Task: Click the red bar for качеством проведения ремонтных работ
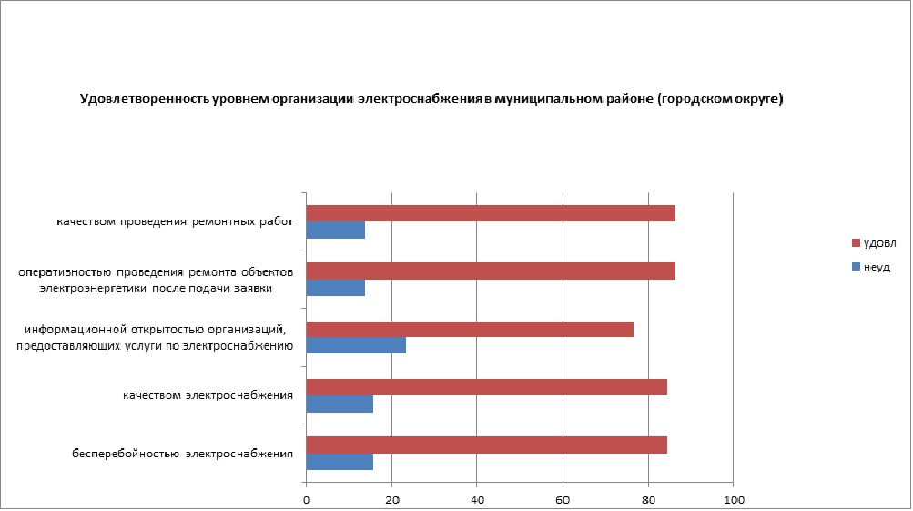[x=491, y=213]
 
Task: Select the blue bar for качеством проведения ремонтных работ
[x=336, y=230]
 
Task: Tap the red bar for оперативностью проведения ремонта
[x=491, y=271]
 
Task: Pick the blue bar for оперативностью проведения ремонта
[x=336, y=288]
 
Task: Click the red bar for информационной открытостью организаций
[x=470, y=329]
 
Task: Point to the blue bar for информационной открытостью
[x=356, y=346]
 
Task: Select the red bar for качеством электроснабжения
[x=487, y=387]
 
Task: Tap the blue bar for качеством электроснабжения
[x=340, y=404]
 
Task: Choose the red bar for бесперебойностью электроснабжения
[x=487, y=445]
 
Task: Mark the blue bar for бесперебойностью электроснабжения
[x=340, y=462]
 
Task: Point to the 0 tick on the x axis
[x=307, y=499]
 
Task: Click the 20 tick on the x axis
[x=391, y=499]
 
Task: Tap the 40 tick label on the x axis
[x=477, y=499]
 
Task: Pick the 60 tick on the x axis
[x=563, y=499]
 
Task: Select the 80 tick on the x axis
[x=648, y=499]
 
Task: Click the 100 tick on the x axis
[x=734, y=499]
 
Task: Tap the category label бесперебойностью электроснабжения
[x=184, y=453]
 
